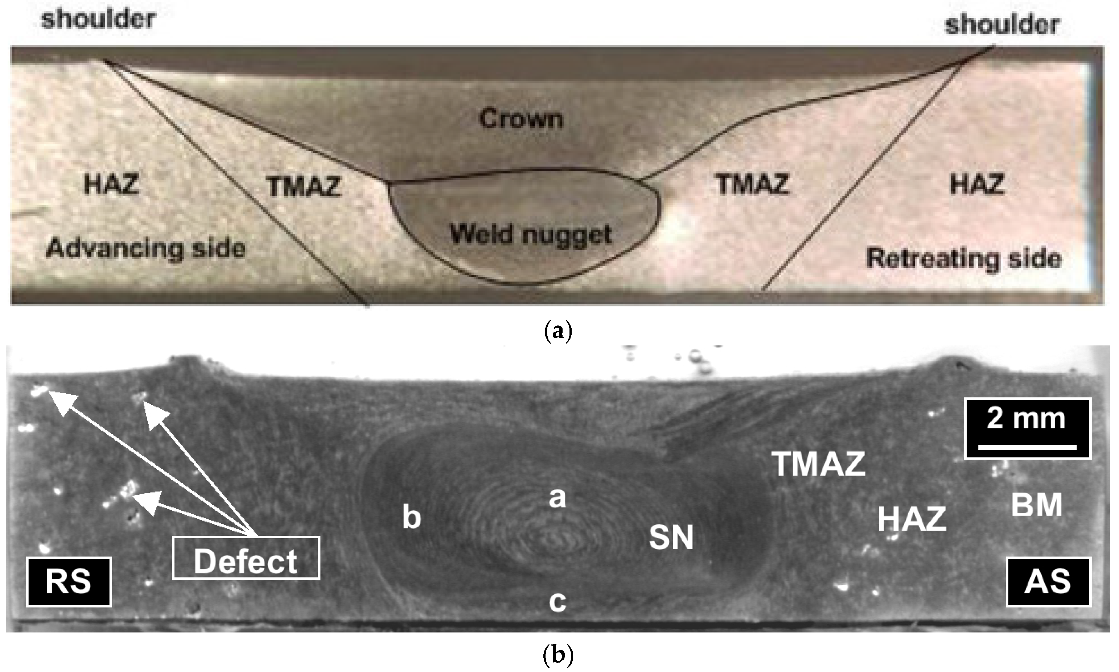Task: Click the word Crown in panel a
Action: point(521,119)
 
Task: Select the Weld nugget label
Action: point(531,235)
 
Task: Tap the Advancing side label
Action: point(146,249)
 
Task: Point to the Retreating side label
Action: point(964,258)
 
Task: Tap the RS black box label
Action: point(69,582)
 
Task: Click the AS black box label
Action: point(1048,582)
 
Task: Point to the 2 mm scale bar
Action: point(1027,428)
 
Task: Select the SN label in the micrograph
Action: point(671,538)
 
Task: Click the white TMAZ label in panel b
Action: point(819,464)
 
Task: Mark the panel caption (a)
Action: point(557,332)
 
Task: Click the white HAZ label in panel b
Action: point(912,519)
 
